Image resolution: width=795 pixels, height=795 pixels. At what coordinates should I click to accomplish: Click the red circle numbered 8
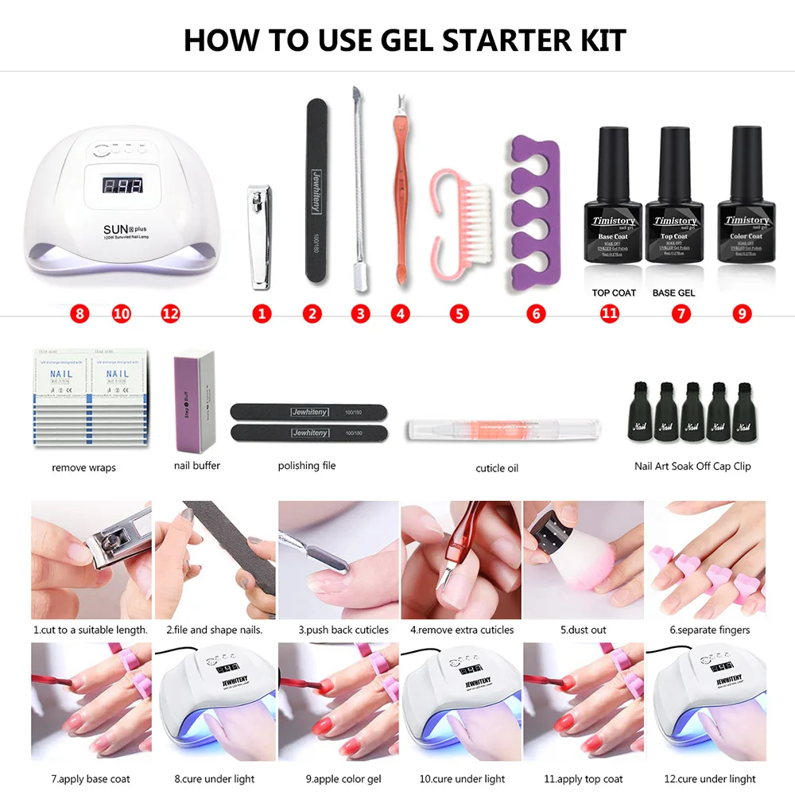click(79, 313)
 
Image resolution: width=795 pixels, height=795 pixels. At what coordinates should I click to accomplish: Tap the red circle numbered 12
click(171, 313)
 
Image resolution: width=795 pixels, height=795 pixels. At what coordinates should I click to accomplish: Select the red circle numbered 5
click(459, 313)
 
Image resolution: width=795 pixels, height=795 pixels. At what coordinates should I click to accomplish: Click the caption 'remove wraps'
click(83, 467)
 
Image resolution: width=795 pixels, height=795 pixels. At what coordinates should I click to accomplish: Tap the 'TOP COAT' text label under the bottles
click(614, 293)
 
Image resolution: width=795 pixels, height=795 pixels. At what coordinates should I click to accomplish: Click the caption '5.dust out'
click(583, 630)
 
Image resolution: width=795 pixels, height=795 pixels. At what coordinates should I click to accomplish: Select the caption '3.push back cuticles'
click(343, 630)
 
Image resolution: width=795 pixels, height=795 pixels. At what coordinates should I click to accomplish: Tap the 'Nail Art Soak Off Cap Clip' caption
click(692, 466)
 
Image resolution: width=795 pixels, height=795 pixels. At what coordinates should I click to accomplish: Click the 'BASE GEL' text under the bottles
click(673, 293)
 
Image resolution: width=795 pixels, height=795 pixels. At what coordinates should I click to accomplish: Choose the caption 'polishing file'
click(307, 465)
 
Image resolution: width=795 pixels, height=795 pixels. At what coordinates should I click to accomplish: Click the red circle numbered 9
click(743, 313)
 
